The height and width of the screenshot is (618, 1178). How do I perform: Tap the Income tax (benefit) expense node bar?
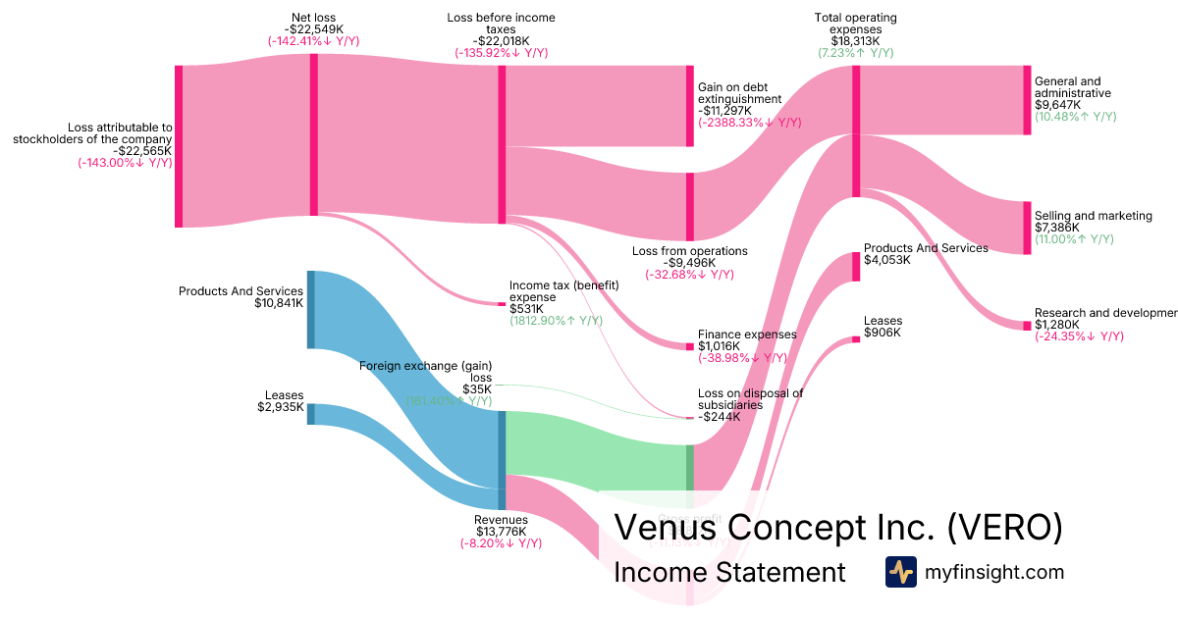502,304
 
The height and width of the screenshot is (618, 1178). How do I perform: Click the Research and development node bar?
1027,326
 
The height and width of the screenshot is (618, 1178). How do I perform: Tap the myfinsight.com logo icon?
901,572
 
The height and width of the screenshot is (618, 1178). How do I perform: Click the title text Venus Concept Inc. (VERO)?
837,528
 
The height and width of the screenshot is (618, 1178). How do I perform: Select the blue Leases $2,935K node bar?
311,414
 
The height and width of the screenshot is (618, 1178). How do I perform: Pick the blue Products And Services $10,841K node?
311,309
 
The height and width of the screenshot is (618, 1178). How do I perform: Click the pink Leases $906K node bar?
856,339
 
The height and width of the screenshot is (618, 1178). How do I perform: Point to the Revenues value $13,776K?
501,532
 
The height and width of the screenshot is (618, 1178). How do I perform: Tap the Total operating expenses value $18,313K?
855,41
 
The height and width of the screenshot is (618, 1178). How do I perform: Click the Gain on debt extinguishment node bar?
690,106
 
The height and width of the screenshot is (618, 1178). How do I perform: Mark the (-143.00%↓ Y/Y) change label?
125,163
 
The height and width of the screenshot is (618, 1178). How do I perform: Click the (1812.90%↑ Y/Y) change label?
556,321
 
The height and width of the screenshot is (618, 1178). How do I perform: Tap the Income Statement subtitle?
729,573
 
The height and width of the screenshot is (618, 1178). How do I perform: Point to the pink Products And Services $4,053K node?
856,267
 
